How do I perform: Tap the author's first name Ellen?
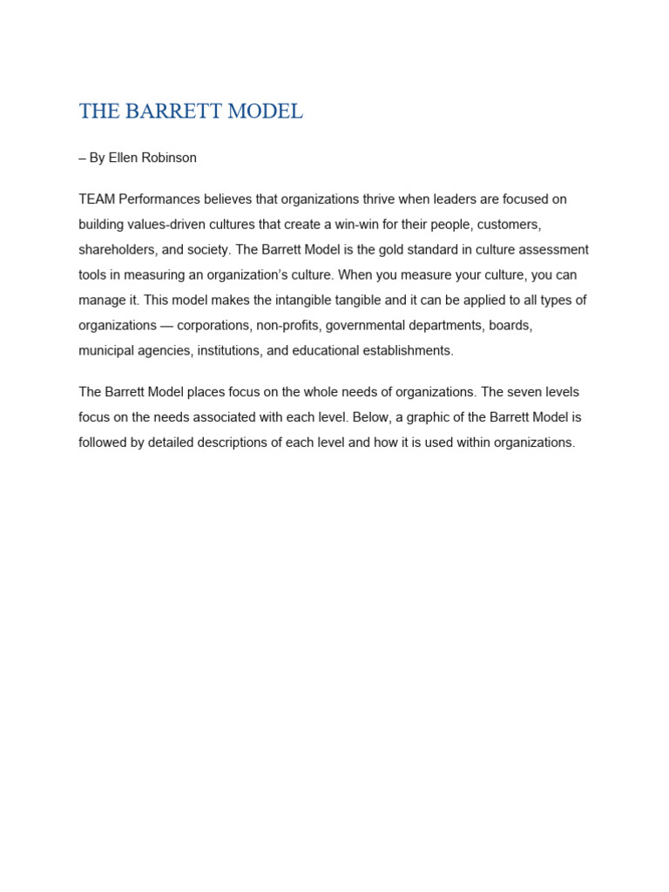point(123,158)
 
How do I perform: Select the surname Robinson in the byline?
point(170,158)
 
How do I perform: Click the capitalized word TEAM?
point(95,199)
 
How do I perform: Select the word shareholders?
point(118,250)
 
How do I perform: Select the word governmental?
point(366,326)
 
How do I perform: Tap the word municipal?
point(105,351)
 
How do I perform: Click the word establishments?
point(403,351)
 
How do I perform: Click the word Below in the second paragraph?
point(370,417)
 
